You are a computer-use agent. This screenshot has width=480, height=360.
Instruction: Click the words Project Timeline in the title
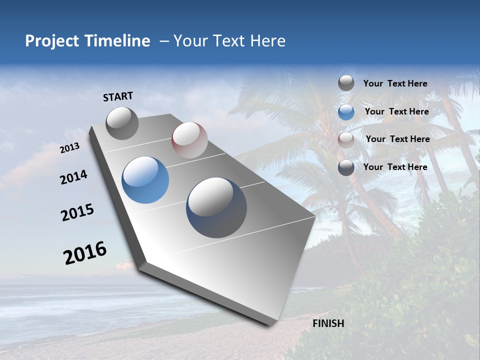coord(87,41)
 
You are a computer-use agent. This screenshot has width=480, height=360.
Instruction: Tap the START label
coord(118,96)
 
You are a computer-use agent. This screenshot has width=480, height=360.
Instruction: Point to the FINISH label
coord(328,323)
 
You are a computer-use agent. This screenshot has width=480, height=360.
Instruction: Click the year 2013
coord(69,148)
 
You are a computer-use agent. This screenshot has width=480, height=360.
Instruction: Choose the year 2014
coord(73,177)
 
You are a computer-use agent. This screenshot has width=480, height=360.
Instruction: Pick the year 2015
coord(77,212)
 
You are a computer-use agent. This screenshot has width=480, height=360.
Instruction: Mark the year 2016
coord(84,253)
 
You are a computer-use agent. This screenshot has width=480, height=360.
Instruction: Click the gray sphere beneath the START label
coord(122,123)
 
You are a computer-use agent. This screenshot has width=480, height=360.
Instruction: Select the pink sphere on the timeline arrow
coord(189,140)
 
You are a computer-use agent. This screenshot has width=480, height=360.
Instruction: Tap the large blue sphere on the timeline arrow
coord(145,180)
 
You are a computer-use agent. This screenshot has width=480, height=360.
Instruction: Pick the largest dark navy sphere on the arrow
coord(216,207)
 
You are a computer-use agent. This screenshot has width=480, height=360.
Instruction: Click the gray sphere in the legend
coord(346,83)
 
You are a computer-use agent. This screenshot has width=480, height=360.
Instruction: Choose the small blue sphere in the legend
coord(346,112)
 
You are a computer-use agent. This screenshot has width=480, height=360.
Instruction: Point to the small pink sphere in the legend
coord(346,140)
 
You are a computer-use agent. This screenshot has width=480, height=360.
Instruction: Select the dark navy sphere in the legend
coord(346,167)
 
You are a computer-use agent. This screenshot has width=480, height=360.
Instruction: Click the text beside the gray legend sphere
coord(395,83)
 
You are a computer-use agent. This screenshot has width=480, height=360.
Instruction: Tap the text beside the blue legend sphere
coord(396,111)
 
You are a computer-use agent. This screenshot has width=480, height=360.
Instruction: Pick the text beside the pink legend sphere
coord(397,139)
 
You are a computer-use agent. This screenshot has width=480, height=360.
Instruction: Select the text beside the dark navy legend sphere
coord(395,167)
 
